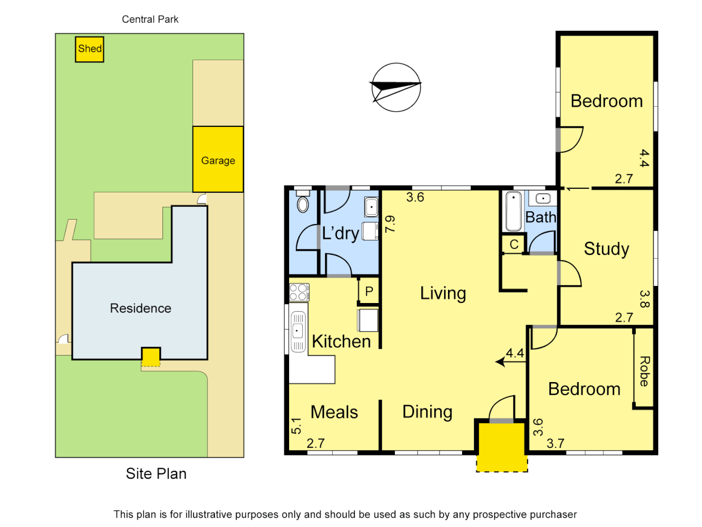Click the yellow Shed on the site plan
(89, 49)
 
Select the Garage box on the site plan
(218, 160)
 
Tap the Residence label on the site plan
(140, 308)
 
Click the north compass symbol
(395, 87)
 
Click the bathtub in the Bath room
(513, 212)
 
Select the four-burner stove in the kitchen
(298, 292)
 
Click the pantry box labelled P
(369, 291)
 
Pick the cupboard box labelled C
(514, 244)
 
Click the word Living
(443, 293)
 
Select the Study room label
(606, 249)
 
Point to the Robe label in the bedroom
(644, 371)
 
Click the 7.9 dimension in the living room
(390, 224)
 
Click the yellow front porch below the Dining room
(502, 447)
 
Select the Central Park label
(150, 20)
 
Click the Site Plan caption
(156, 474)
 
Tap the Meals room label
(334, 412)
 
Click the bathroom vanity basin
(543, 199)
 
